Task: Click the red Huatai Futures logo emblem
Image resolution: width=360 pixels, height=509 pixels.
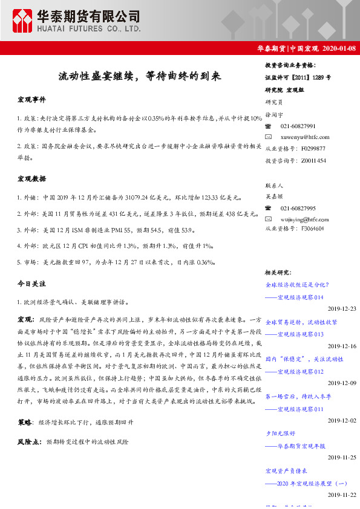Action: (23, 21)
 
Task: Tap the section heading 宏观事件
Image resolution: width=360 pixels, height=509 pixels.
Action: (31, 99)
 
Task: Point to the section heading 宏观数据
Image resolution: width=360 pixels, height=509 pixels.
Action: (31, 178)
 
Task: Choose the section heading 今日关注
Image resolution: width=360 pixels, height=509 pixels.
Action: (31, 283)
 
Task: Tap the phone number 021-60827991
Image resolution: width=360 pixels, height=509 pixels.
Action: (298, 126)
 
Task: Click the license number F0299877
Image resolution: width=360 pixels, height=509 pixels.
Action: (313, 148)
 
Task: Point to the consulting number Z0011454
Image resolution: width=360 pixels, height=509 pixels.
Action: (313, 160)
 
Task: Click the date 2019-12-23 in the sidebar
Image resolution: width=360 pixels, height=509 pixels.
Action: (342, 308)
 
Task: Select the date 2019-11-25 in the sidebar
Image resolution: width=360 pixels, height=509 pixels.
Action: (342, 458)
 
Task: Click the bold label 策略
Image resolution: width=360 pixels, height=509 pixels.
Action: (25, 421)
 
